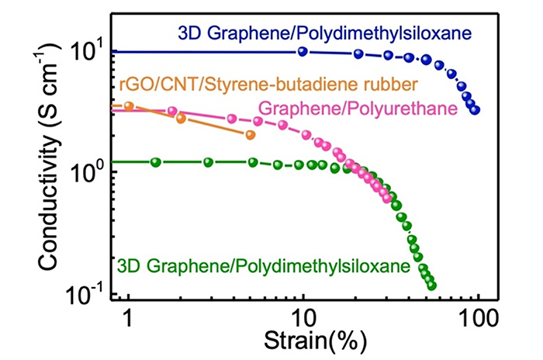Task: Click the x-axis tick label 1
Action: coord(128,318)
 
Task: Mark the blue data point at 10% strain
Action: coord(303,52)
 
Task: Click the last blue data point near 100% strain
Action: coord(475,110)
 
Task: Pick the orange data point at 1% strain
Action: coord(129,106)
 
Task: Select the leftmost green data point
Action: coord(156,162)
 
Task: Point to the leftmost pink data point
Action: coord(172,111)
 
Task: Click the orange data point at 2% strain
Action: coord(181,118)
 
